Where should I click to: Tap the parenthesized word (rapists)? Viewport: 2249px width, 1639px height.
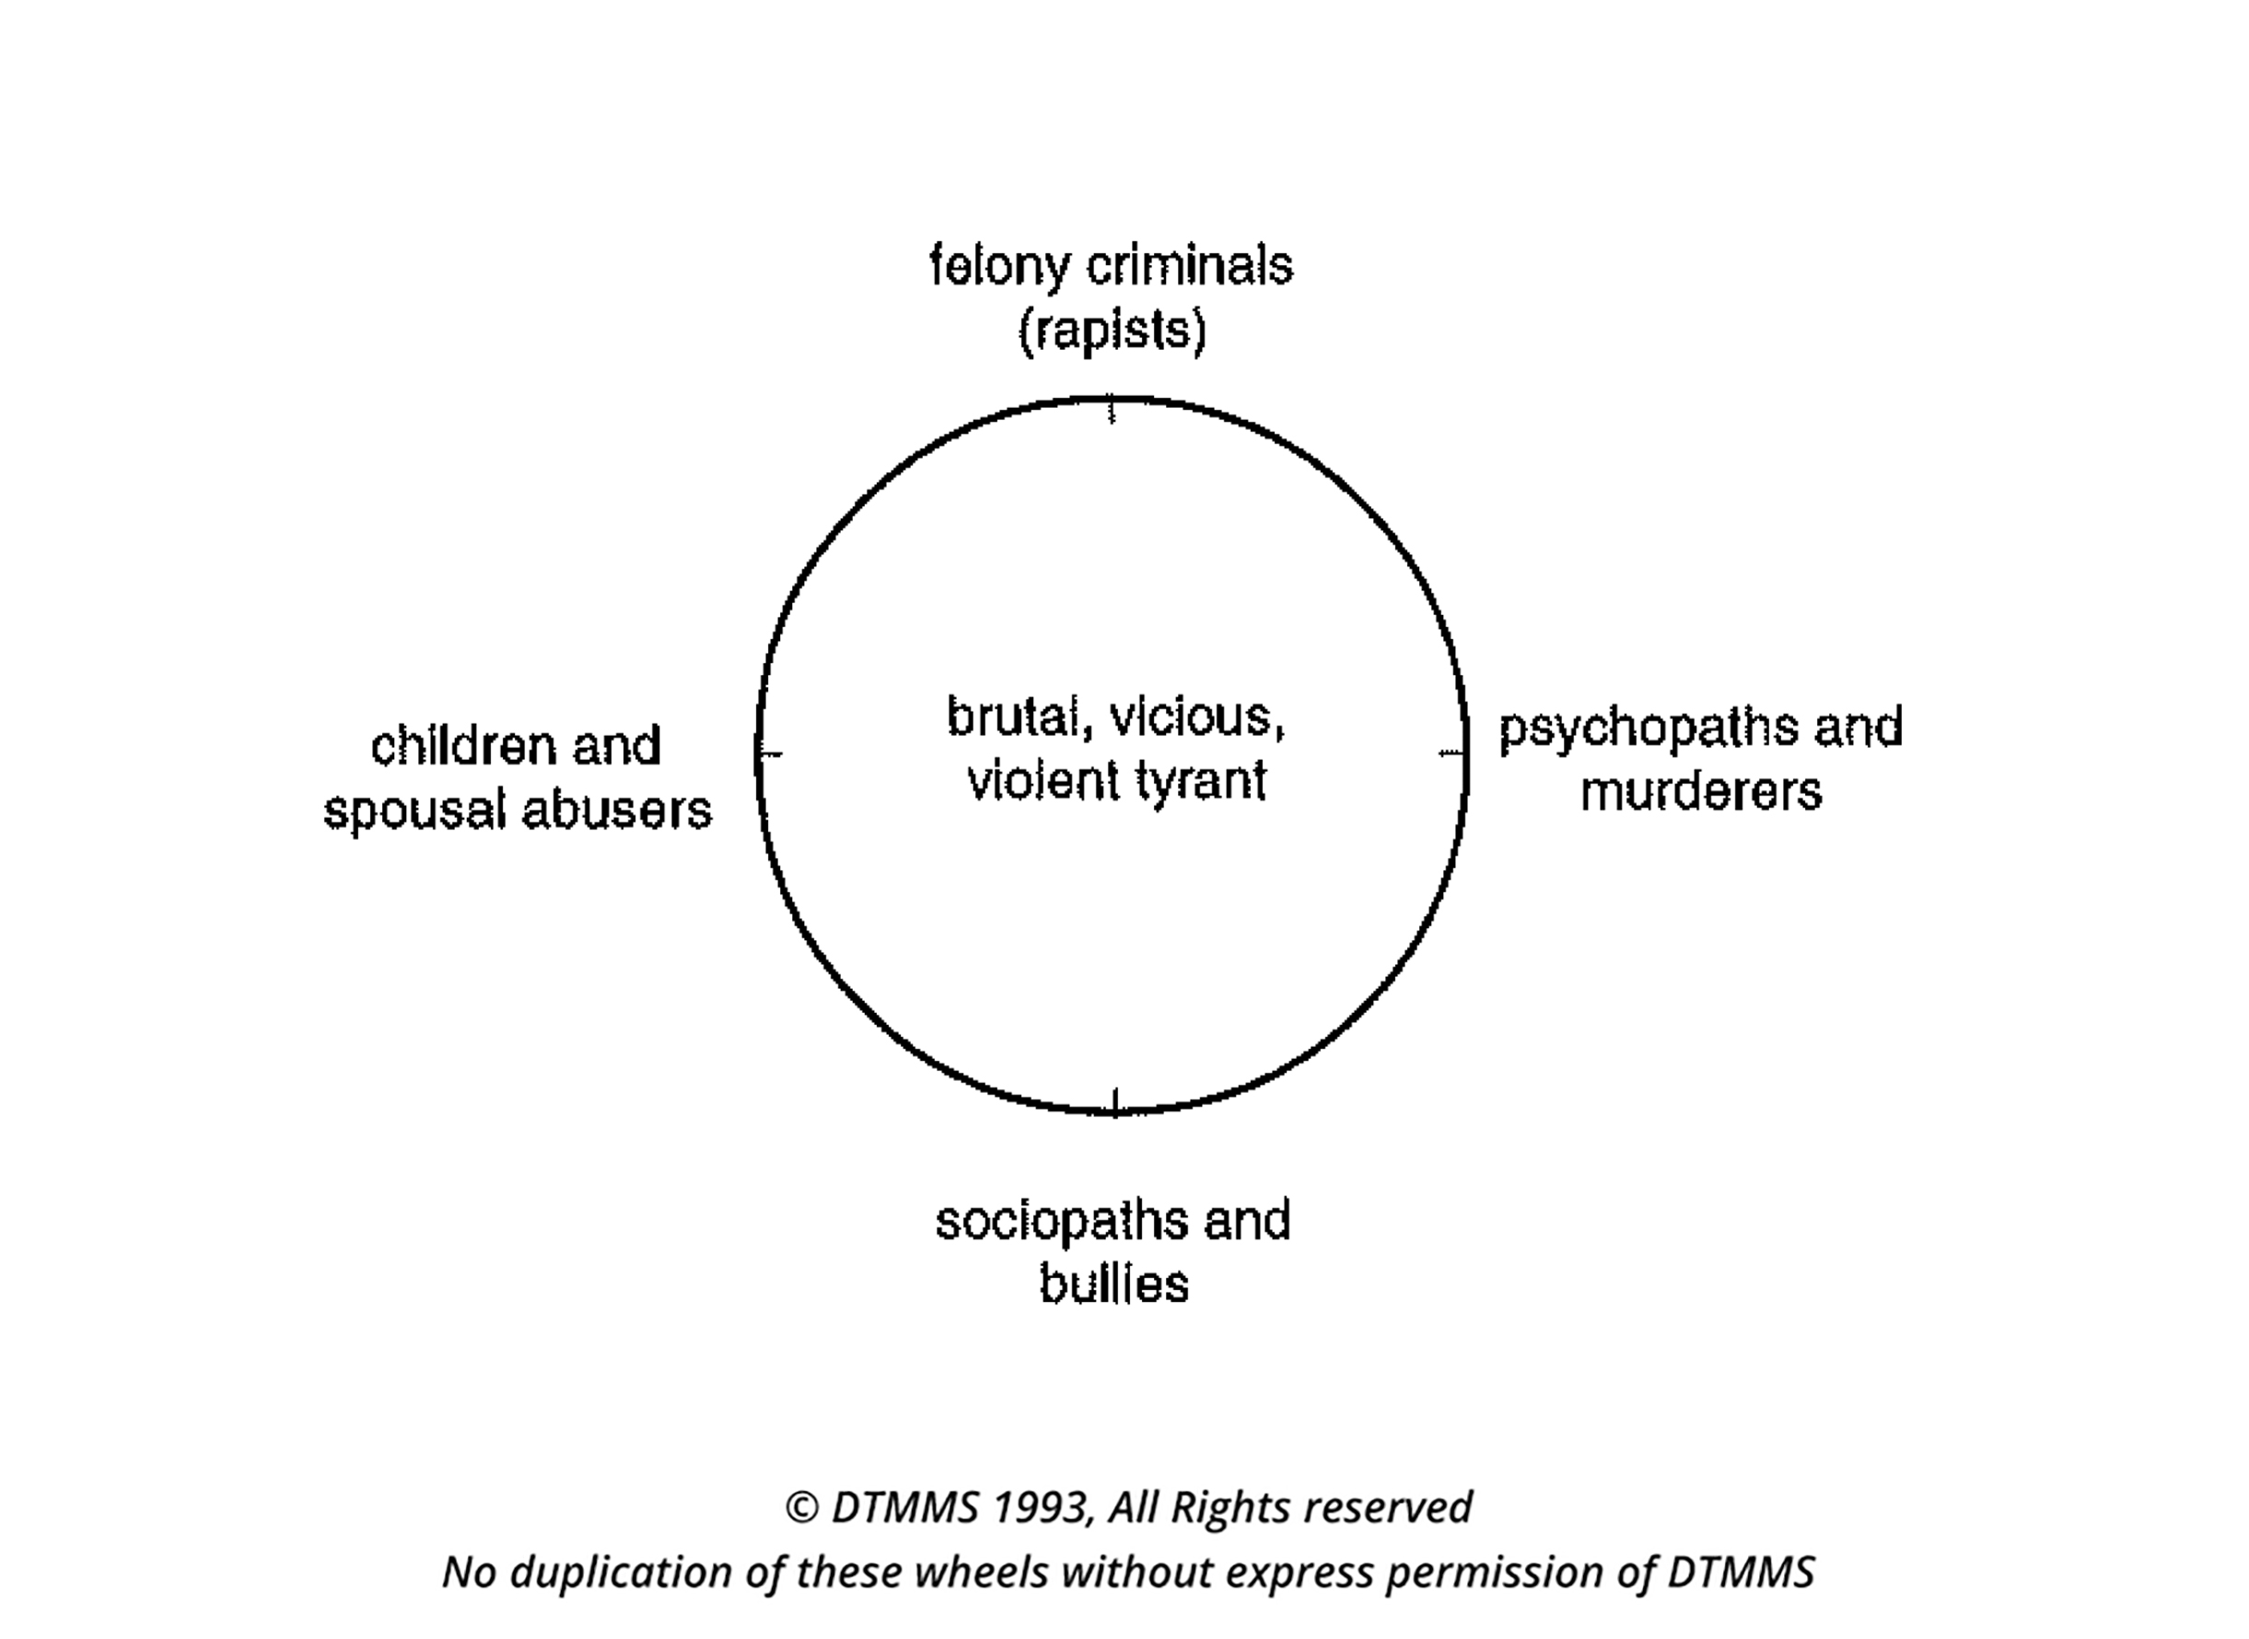pos(1113,331)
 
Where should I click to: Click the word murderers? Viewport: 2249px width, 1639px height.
pos(1700,792)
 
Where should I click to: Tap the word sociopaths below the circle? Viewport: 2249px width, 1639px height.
pos(1064,1222)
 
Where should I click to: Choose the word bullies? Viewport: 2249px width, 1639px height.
pos(1113,1284)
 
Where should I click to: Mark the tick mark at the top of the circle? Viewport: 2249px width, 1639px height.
pos(1111,408)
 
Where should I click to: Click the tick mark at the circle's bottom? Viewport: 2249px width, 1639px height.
pos(1115,1102)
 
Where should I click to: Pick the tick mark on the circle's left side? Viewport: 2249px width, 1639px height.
pos(770,755)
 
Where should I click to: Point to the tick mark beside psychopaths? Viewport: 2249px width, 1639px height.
pos(1452,753)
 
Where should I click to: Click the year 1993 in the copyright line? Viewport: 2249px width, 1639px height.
pos(1042,1507)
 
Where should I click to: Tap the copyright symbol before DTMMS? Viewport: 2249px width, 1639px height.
pos(801,1508)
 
